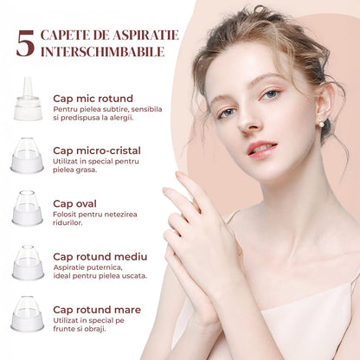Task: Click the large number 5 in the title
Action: (x=25, y=43)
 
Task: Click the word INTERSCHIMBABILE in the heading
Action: (x=103, y=52)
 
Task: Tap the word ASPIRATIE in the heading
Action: (x=145, y=35)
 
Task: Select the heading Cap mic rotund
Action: (x=93, y=99)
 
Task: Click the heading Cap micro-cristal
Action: (x=97, y=151)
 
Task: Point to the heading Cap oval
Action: (x=74, y=203)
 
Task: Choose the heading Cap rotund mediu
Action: (x=100, y=256)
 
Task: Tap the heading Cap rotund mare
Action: (x=97, y=310)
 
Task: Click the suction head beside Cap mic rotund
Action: (x=28, y=99)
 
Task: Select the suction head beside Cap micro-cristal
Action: (x=27, y=156)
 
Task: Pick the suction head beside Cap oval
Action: (x=27, y=209)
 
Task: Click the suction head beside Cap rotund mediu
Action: (x=28, y=262)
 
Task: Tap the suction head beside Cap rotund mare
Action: (x=28, y=314)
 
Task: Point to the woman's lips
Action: (x=262, y=149)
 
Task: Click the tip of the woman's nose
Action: (x=246, y=126)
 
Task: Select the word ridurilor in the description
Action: (x=67, y=222)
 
